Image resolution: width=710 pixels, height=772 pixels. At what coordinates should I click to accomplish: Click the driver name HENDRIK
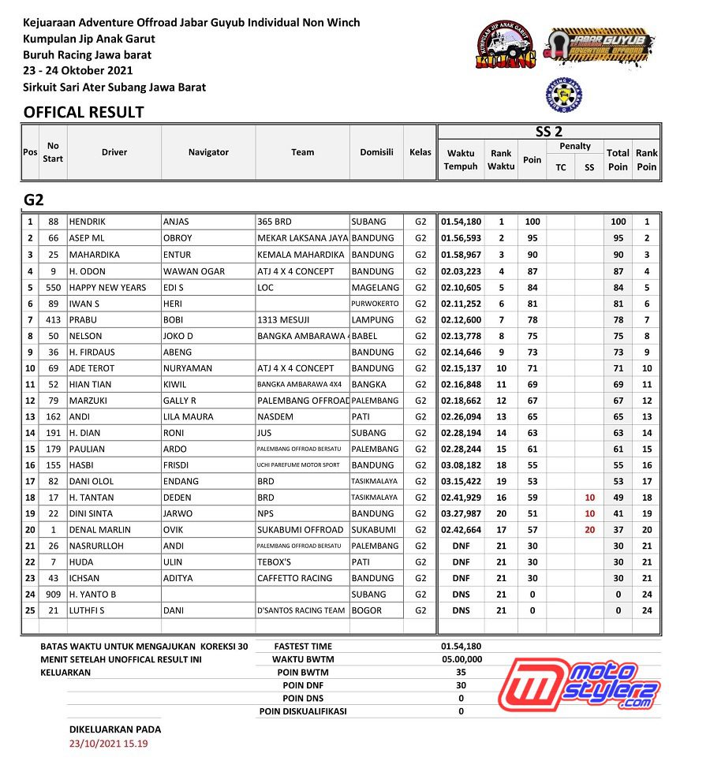click(87, 222)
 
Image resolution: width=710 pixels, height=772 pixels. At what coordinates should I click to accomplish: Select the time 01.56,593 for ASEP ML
click(461, 238)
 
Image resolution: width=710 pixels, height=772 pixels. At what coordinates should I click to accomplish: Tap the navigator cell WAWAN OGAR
click(193, 271)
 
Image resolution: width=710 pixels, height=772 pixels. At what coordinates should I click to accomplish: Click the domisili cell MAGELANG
click(376, 287)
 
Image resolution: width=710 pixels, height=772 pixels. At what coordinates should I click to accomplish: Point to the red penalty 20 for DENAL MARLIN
click(589, 530)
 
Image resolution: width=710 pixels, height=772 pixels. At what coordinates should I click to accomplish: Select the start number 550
click(53, 287)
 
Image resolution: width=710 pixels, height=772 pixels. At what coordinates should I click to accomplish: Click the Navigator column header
click(208, 152)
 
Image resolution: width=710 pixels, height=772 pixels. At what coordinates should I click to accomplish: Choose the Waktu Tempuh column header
click(461, 159)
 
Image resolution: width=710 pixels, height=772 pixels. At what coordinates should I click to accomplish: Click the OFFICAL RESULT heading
click(84, 112)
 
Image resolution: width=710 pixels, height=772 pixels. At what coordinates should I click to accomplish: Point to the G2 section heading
click(33, 200)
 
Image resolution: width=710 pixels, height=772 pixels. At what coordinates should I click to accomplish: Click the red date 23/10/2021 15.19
click(109, 744)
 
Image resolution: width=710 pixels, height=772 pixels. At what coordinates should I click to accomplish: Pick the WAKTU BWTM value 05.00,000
click(461, 659)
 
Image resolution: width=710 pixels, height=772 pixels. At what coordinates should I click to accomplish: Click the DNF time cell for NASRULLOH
click(461, 546)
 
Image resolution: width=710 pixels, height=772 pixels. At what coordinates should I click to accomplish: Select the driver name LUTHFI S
click(87, 610)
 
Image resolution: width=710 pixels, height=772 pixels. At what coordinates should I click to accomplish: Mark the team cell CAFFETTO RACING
click(295, 578)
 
